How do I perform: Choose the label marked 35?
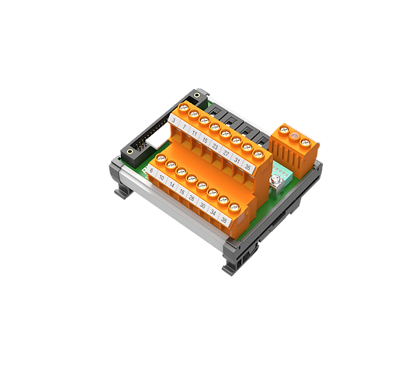point(248,163)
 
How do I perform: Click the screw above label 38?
point(234,203)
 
